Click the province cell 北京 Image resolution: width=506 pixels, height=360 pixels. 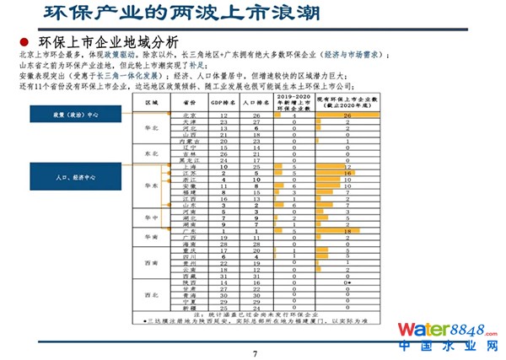coord(189,115)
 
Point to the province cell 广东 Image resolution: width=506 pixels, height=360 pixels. coord(189,231)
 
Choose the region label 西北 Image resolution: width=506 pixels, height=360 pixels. coord(152,294)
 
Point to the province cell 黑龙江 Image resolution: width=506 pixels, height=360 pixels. coord(189,159)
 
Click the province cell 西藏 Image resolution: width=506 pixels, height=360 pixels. coord(189,276)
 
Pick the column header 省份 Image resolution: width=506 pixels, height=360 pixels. coord(189,101)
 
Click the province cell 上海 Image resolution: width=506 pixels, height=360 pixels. coord(189,166)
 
